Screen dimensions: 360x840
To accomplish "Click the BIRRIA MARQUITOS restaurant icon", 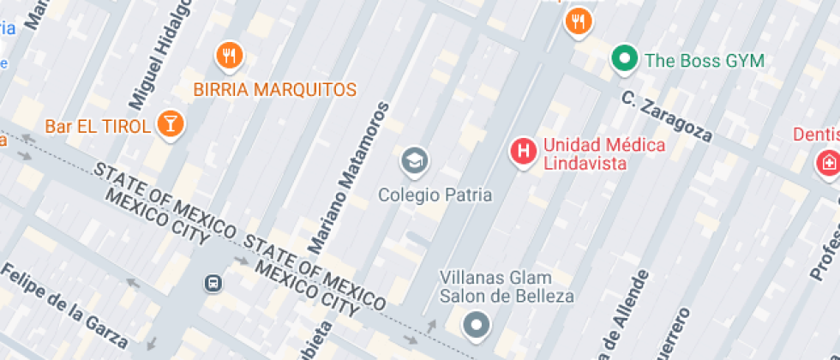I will [229, 57].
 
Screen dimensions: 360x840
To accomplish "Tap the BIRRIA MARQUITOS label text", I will [274, 89].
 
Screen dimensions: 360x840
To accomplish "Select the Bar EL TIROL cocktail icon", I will [170, 123].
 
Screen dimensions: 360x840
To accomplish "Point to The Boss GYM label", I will [704, 61].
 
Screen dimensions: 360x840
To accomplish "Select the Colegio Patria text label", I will [435, 195].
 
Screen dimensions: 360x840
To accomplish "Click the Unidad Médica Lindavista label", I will [603, 153].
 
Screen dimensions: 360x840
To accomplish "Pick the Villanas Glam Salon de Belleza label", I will [506, 286].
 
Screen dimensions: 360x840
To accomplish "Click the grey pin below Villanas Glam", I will [476, 325].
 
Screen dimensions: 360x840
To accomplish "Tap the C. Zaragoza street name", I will [667, 118].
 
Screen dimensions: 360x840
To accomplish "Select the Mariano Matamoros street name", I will [348, 178].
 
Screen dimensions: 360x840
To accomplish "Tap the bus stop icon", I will [211, 281].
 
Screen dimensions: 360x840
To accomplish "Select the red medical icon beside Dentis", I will [828, 162].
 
